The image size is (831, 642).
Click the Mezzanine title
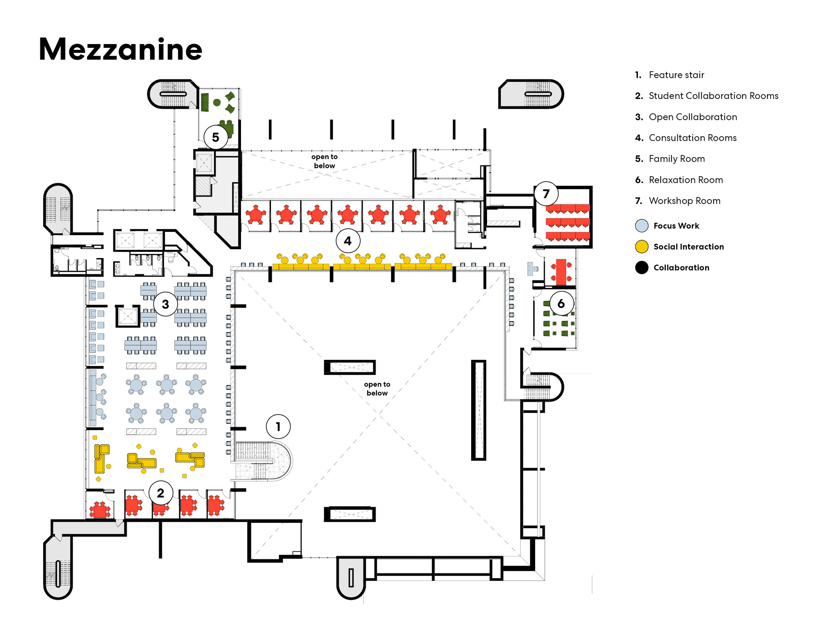coord(120,49)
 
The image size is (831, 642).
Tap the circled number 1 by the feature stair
coord(278,426)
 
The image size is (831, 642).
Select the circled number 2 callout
coord(160,493)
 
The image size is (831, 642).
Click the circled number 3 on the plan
coord(165,304)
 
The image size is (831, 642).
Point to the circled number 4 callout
coord(348,241)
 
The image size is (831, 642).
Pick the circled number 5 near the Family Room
coord(216,137)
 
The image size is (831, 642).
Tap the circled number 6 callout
coord(561,303)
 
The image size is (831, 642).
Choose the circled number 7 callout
coord(546,194)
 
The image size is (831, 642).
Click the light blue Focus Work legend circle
coord(642,226)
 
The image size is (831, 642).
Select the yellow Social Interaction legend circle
coord(642,247)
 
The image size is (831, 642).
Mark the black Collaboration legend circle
coord(642,268)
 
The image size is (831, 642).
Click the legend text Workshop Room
coord(684,201)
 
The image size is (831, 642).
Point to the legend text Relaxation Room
coord(686,180)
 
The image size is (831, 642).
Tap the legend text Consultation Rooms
coord(693,138)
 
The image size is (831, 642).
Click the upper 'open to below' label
coord(325,161)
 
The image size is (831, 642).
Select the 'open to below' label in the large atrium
coord(377,389)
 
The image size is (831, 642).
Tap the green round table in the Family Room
coord(217,102)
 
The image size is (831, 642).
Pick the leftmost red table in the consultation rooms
coord(256,215)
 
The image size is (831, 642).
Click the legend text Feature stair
coord(676,75)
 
